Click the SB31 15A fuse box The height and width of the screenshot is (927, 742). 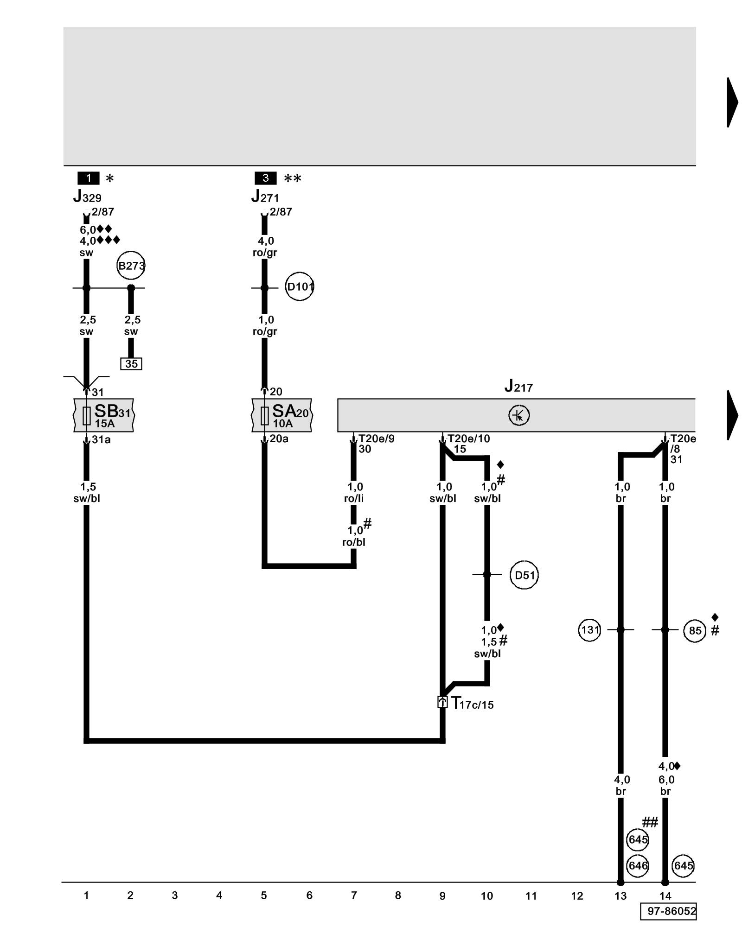(x=104, y=415)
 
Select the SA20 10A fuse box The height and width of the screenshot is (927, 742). (x=281, y=415)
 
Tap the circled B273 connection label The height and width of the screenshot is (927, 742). (x=131, y=266)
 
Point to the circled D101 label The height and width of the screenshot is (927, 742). (x=299, y=286)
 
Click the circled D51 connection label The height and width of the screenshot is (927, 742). (x=524, y=575)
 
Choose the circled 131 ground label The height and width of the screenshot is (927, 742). (x=589, y=630)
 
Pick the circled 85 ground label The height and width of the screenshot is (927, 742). (x=695, y=631)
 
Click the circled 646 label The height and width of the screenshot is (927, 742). (x=638, y=865)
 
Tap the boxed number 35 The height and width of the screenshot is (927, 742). (x=131, y=364)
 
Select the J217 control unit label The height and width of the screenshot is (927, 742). (x=518, y=386)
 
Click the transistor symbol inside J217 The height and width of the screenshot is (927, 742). (x=518, y=415)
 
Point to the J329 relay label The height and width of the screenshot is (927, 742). (x=87, y=197)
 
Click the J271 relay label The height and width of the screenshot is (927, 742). (x=265, y=197)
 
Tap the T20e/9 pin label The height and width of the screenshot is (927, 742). (x=376, y=438)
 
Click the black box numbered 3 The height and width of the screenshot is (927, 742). (x=265, y=178)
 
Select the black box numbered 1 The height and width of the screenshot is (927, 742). (x=88, y=178)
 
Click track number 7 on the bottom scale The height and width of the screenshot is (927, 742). (x=354, y=895)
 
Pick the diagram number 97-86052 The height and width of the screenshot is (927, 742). (x=671, y=911)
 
